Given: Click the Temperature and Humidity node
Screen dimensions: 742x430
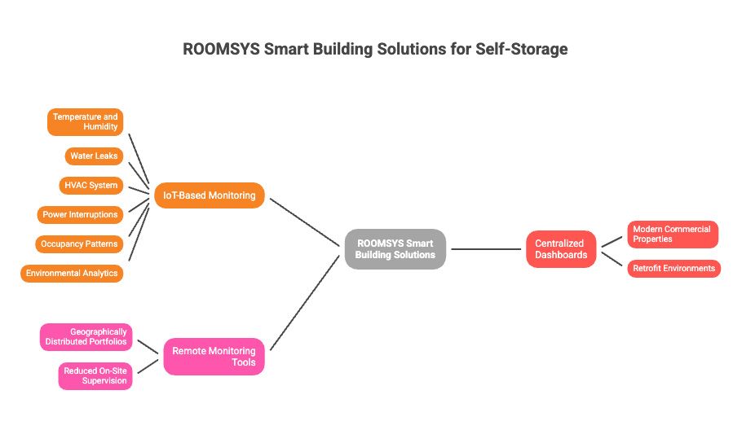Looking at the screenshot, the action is (x=85, y=122).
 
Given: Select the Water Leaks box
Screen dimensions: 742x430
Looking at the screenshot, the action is (x=94, y=156).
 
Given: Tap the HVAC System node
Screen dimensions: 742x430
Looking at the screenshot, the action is (x=91, y=185).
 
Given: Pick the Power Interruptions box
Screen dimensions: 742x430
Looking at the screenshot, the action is (x=80, y=214).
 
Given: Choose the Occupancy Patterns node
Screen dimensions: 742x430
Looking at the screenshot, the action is (x=79, y=244).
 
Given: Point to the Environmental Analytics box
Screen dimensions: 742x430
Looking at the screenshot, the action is (x=72, y=273).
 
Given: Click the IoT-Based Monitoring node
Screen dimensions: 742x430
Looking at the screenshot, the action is (x=210, y=195).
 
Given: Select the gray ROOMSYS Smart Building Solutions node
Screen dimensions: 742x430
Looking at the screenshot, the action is (x=395, y=249).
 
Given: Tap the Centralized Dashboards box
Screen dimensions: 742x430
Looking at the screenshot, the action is (x=561, y=249).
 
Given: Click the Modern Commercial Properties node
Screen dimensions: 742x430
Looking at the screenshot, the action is (x=673, y=235).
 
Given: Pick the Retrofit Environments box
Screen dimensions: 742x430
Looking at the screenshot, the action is (x=674, y=269).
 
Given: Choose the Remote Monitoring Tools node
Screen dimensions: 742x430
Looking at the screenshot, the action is (x=214, y=357).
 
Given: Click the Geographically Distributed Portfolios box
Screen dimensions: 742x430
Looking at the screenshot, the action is (x=86, y=337).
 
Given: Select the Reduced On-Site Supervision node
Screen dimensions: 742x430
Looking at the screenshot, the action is (x=95, y=376).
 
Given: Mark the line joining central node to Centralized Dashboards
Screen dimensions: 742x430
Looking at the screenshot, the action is (x=486, y=249).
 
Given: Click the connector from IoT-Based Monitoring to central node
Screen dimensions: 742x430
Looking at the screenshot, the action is (x=305, y=222).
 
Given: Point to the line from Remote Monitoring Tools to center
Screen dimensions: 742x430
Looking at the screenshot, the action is (x=305, y=303).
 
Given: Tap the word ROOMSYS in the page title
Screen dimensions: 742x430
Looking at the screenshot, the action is (x=221, y=49).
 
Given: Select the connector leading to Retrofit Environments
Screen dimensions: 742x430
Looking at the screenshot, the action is (x=612, y=259).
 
